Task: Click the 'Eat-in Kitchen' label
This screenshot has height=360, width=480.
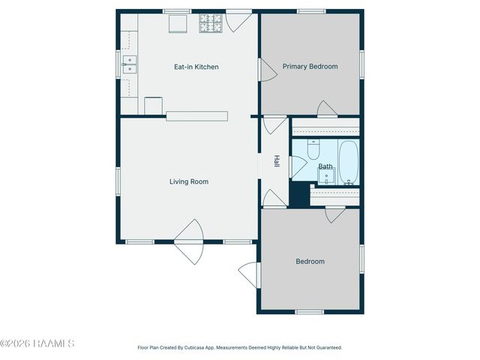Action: pos(196,67)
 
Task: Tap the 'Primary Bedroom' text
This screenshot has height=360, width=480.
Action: pos(310,66)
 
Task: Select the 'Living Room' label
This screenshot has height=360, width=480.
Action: pos(188,181)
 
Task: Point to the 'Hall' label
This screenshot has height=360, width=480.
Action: pos(276,161)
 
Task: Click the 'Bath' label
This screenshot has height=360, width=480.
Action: pos(325,166)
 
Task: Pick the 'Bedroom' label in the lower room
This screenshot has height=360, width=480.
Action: pos(310,261)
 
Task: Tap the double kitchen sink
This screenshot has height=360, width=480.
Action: pos(130,65)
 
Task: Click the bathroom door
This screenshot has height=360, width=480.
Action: pos(298,166)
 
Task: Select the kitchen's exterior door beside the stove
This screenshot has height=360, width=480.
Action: pos(239,20)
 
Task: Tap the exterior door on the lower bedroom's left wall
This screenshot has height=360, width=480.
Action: pos(250,276)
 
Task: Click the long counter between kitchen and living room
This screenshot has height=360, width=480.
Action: pos(196,115)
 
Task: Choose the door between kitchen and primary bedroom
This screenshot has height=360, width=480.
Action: pos(267,70)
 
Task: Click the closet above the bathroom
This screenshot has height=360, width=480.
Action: pos(325,127)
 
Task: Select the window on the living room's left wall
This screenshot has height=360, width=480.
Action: pos(118,181)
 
